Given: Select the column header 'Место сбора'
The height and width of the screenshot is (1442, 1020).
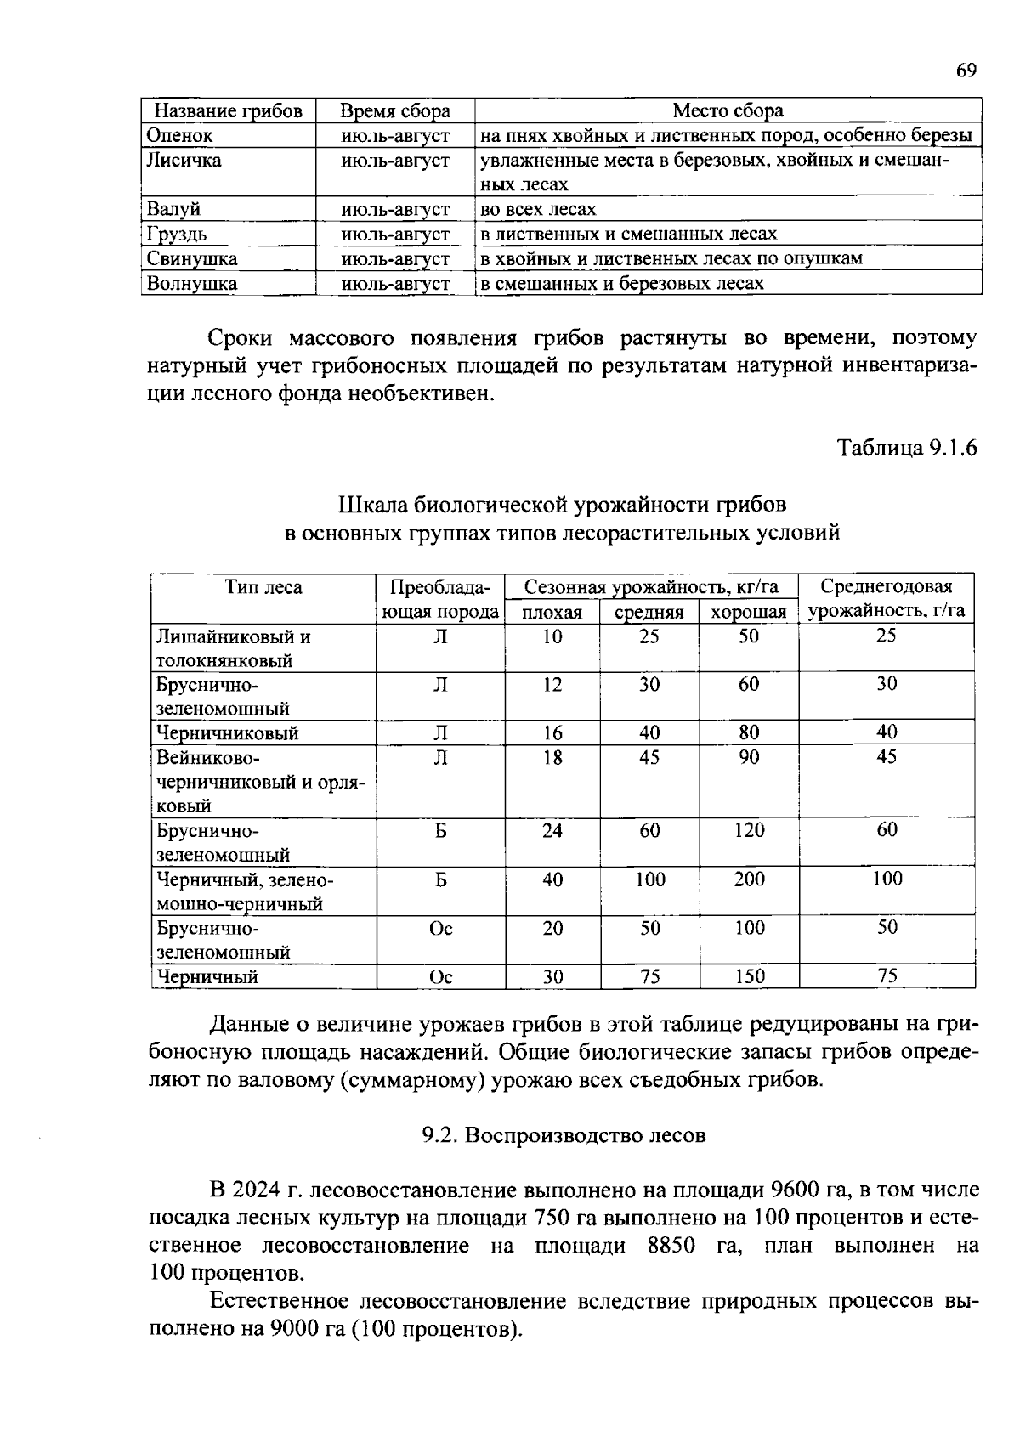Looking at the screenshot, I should tap(728, 110).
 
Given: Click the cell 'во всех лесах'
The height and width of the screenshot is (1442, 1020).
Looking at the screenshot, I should tap(538, 209).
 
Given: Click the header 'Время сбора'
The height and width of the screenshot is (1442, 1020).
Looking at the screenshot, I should tap(394, 110).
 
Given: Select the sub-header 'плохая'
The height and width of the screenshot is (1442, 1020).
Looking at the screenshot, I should tap(552, 612).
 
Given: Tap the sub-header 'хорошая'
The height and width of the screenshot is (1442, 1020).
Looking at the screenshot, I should tap(748, 612).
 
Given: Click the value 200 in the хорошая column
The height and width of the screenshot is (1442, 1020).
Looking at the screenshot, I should tap(749, 879).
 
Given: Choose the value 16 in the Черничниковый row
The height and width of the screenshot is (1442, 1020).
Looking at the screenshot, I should tap(552, 732).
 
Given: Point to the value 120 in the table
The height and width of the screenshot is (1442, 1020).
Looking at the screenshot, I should tap(749, 830).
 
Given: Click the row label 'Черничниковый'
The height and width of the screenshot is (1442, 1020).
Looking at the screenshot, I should tap(226, 732).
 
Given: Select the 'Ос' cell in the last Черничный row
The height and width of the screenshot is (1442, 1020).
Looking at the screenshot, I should tap(440, 977).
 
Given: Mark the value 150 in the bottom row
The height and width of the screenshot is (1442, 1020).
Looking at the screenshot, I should tap(749, 977).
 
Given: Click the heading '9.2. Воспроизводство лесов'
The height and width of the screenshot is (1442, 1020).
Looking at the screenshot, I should tap(564, 1135).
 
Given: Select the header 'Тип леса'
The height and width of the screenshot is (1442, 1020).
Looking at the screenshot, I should tap(263, 587).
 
